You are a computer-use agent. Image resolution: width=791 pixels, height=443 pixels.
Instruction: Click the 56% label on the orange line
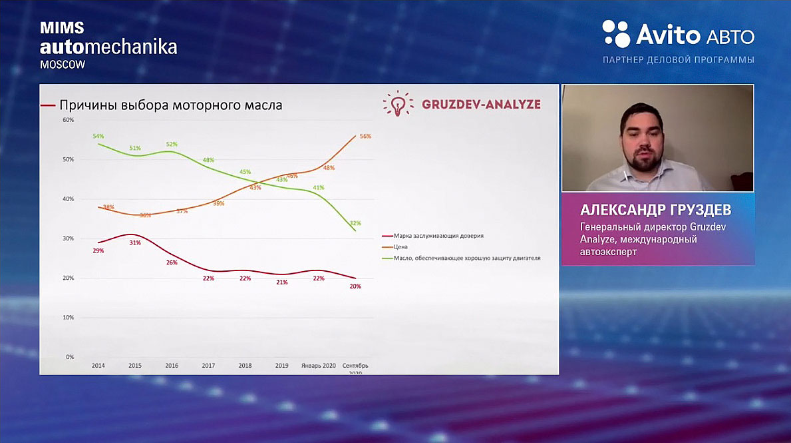365,136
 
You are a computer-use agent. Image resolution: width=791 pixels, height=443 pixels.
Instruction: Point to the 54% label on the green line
98,136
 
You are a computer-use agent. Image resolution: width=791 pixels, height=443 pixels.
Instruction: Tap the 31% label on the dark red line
135,242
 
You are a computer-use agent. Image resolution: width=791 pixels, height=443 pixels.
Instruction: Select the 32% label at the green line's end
355,223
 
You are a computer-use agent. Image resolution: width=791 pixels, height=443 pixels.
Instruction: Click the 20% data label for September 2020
355,286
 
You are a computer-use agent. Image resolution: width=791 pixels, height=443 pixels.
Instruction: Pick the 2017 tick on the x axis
208,366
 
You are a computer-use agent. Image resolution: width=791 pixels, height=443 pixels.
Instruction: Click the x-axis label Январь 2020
318,366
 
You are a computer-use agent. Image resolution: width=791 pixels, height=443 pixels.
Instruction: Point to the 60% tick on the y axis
69,120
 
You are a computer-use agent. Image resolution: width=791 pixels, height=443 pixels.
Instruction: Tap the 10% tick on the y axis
69,317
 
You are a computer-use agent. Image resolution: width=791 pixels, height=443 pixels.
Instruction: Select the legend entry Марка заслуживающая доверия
438,236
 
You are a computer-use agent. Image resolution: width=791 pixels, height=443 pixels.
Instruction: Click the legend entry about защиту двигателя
466,258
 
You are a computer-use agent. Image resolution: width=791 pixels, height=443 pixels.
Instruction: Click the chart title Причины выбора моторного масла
171,105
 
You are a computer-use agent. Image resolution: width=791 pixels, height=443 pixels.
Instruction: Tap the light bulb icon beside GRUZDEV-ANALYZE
398,104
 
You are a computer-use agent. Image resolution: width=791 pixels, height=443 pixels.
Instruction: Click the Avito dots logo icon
616,34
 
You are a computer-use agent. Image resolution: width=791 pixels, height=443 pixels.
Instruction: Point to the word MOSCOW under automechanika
63,65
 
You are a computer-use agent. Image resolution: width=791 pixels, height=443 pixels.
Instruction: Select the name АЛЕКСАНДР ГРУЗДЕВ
656,211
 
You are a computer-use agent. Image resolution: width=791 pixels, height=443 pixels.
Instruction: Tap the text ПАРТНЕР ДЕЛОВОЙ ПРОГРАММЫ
678,60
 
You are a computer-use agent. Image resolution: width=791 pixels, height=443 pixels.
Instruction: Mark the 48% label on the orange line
329,168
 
